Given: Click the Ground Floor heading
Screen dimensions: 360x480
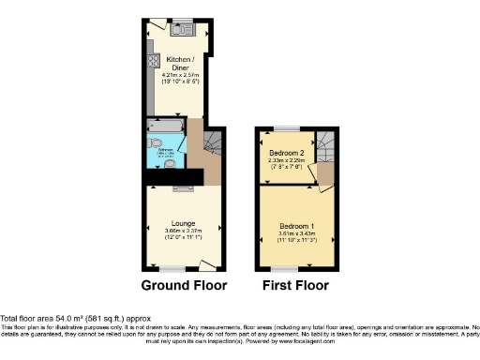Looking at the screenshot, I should point(181,285).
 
